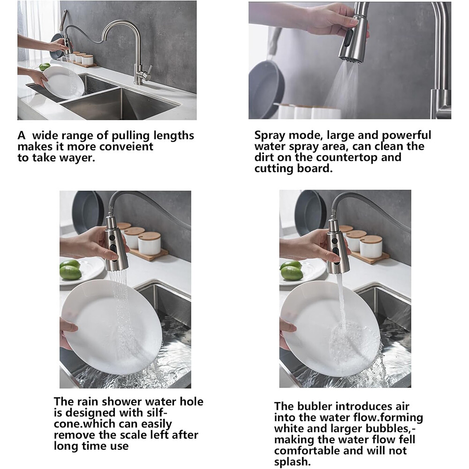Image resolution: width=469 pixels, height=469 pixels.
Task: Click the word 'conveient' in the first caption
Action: pyautogui.click(x=126, y=146)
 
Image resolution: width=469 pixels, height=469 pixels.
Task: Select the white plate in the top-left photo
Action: pyautogui.click(x=63, y=81)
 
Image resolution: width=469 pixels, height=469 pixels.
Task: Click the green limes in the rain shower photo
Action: pyautogui.click(x=71, y=270)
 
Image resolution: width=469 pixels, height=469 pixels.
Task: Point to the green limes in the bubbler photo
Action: pyautogui.click(x=292, y=270)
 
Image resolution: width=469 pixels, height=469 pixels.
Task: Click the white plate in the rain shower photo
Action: pyautogui.click(x=111, y=326)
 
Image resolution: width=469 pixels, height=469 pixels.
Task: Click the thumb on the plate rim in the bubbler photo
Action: pyautogui.click(x=287, y=326)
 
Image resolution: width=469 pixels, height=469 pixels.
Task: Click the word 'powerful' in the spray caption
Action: pyautogui.click(x=407, y=135)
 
